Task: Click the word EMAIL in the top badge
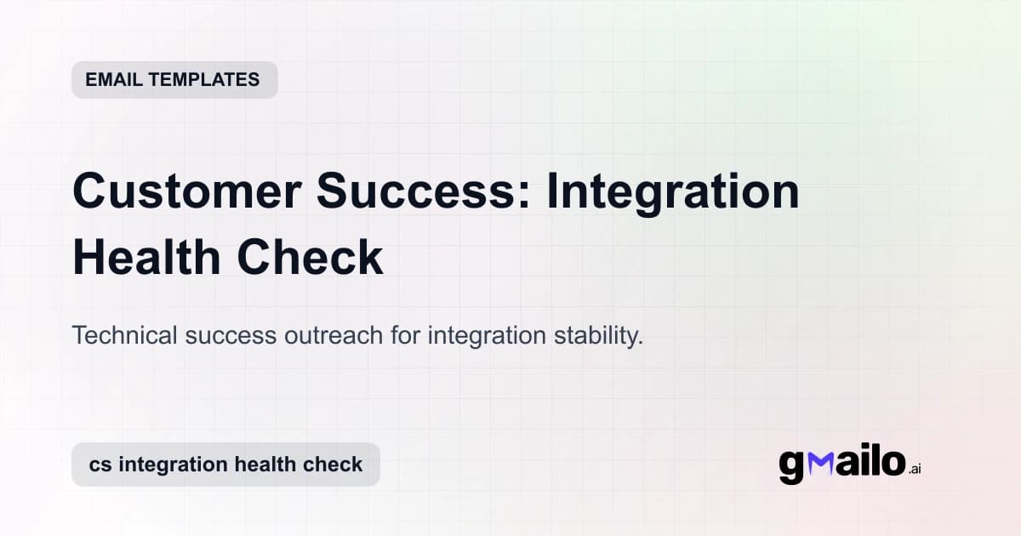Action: (x=113, y=80)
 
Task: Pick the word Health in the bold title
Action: (x=147, y=259)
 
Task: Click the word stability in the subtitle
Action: (x=596, y=336)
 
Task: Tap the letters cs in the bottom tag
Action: (x=101, y=465)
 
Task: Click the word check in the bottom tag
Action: (x=337, y=465)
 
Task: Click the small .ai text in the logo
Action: (x=915, y=469)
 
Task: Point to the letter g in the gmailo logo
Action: (x=792, y=466)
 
